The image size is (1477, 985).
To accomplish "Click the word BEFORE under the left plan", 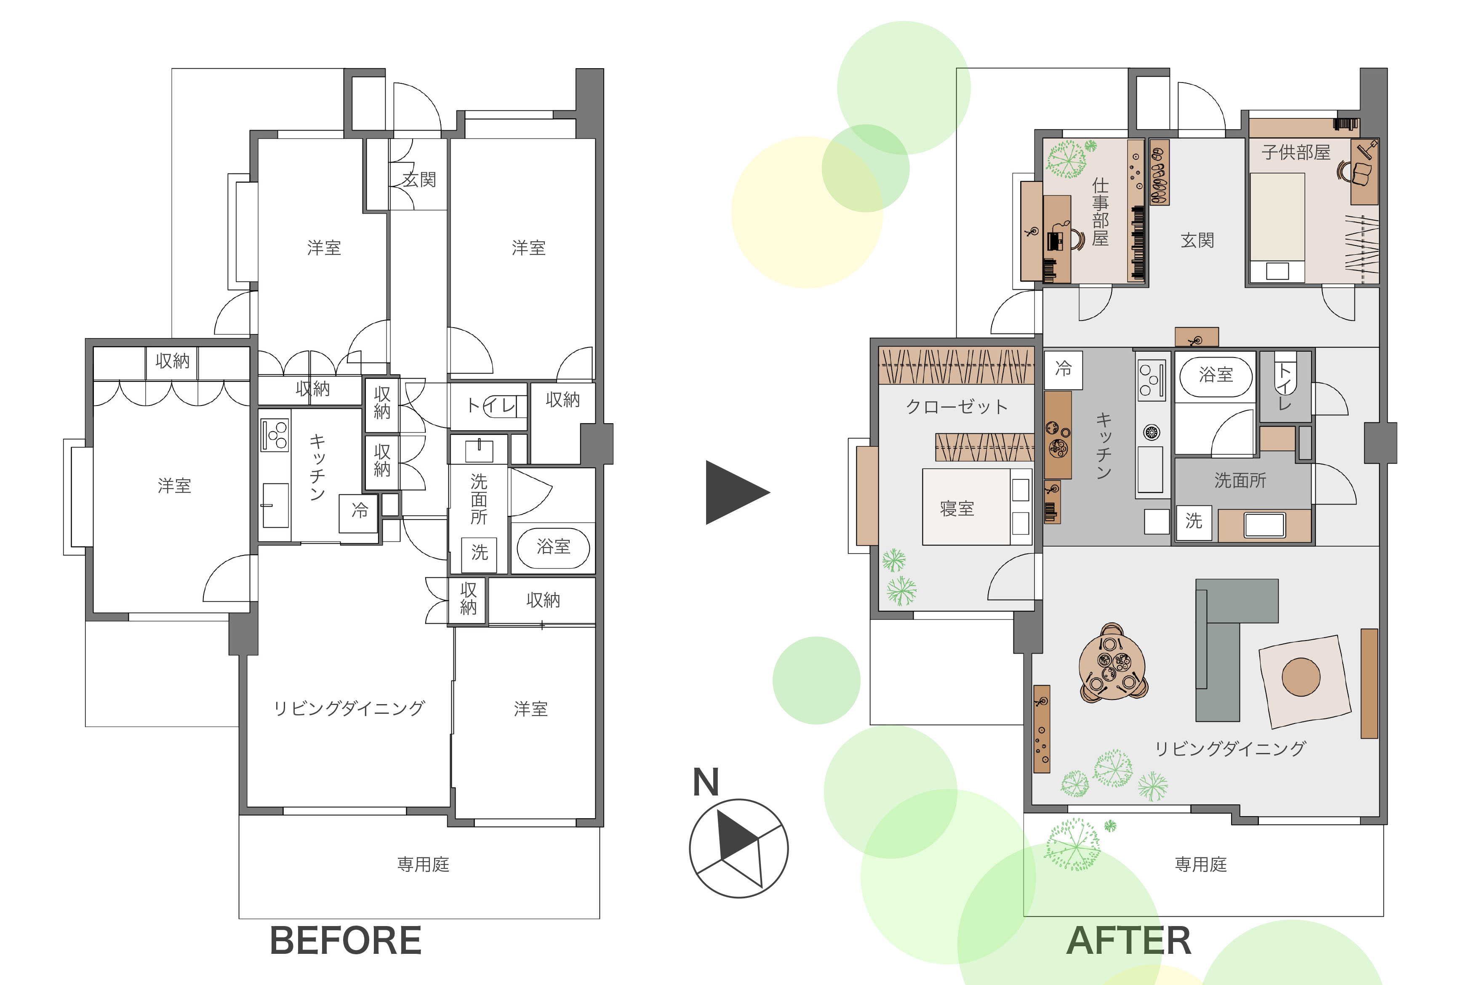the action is click(345, 940).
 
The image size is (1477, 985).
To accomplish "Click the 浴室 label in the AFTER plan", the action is click(1216, 375).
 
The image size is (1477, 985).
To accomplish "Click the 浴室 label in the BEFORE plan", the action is click(553, 547).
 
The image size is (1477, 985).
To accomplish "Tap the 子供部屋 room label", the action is click(1296, 152).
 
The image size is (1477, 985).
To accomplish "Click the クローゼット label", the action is click(957, 407).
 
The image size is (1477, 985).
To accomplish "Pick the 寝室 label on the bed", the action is click(957, 508).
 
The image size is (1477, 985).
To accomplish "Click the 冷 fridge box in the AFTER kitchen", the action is click(1063, 369).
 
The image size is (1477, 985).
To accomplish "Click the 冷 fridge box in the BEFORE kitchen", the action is click(359, 510).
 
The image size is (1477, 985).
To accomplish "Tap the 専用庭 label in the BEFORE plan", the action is click(423, 865).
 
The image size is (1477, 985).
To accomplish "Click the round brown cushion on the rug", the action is click(1301, 677).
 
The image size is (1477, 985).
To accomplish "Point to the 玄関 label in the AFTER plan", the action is click(1197, 240).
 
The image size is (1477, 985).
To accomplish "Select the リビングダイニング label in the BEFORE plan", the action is click(349, 709).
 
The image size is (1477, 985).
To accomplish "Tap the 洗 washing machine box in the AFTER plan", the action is click(1194, 521).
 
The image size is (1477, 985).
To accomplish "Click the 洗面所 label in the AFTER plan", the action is click(1240, 480).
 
